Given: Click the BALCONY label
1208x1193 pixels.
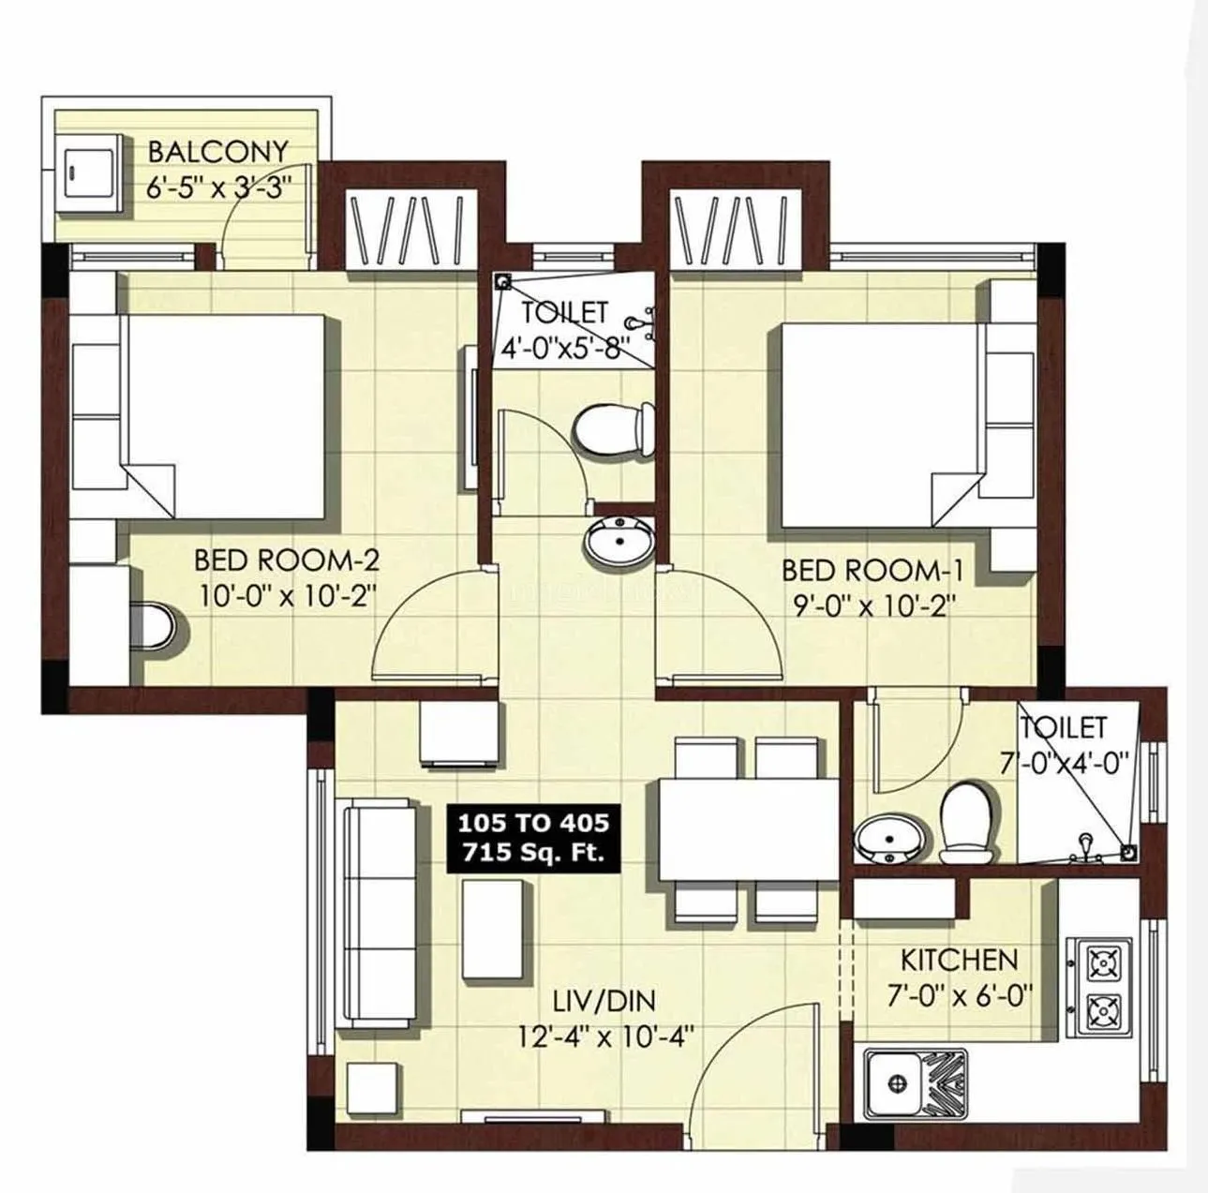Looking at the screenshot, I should pyautogui.click(x=217, y=151).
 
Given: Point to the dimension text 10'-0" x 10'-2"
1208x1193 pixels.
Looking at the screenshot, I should pyautogui.click(x=287, y=596).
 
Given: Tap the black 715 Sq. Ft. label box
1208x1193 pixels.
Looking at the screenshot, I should pyautogui.click(x=533, y=838).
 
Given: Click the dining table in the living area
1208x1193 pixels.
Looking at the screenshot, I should pyautogui.click(x=748, y=828).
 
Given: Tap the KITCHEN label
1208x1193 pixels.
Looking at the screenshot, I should pyautogui.click(x=959, y=960).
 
